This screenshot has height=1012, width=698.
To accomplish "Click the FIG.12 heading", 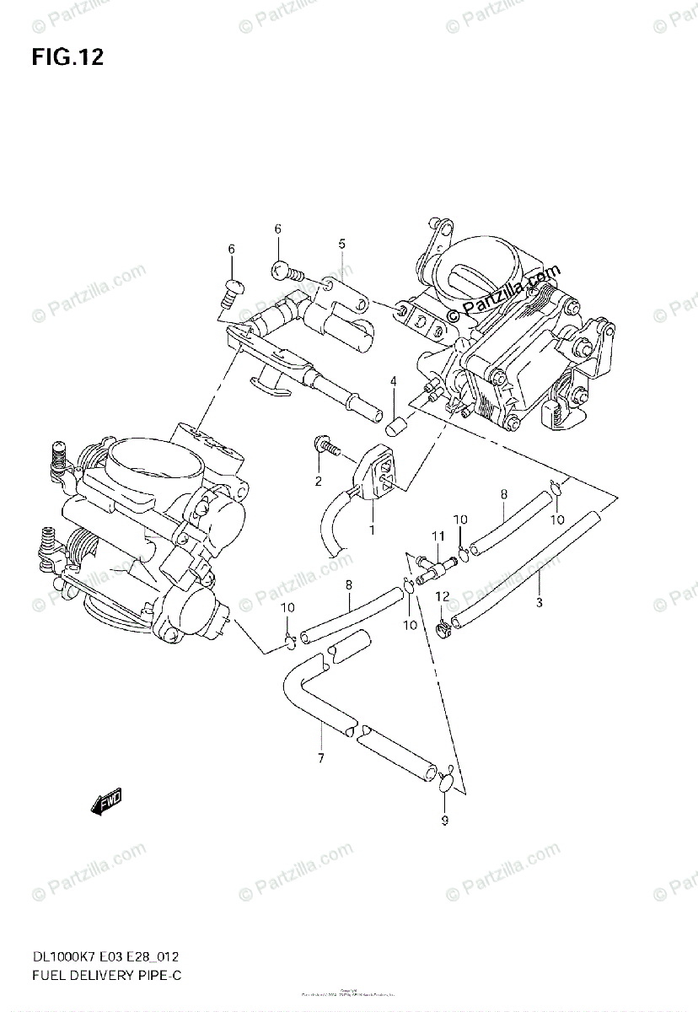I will (67, 58).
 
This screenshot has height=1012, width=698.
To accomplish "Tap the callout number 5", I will (341, 244).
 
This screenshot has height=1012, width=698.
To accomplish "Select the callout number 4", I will (392, 382).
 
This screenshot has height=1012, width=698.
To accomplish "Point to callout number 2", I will (319, 482).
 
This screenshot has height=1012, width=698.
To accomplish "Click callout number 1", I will (370, 530).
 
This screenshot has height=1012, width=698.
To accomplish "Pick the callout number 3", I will (539, 602).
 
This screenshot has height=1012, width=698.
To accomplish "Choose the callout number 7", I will (320, 758).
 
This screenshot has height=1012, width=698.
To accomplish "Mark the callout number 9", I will (445, 821).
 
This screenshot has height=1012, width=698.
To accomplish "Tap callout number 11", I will (438, 536).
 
